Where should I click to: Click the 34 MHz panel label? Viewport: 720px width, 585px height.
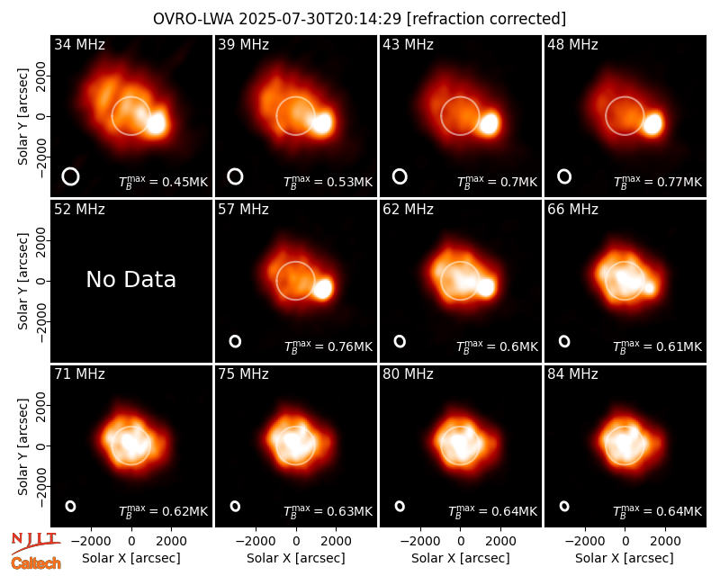(x=79, y=44)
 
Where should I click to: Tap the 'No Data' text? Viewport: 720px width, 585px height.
(x=130, y=279)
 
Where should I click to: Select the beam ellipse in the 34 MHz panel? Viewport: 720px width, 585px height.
(x=70, y=176)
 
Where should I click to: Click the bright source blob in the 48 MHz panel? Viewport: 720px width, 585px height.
(x=652, y=123)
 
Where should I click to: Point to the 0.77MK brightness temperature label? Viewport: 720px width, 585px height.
(x=658, y=182)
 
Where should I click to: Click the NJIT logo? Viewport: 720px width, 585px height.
(x=35, y=543)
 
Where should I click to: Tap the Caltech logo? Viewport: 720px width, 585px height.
(x=36, y=563)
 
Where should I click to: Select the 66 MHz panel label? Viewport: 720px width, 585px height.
(x=572, y=210)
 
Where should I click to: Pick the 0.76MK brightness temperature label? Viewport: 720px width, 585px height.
(x=328, y=346)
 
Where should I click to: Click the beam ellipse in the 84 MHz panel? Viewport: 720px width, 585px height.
(x=564, y=506)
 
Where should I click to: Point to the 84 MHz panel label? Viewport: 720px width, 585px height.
(x=572, y=374)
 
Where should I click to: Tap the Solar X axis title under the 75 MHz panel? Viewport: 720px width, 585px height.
(x=296, y=558)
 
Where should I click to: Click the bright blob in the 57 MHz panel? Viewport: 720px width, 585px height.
(x=322, y=288)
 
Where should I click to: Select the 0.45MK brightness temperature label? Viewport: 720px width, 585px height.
(x=164, y=182)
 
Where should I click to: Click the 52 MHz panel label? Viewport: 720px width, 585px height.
(x=79, y=210)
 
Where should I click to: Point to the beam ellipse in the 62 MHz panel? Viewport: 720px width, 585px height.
(x=400, y=341)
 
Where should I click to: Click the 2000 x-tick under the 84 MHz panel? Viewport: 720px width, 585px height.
(x=665, y=542)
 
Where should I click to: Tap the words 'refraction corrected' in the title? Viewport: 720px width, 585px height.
(x=486, y=19)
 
